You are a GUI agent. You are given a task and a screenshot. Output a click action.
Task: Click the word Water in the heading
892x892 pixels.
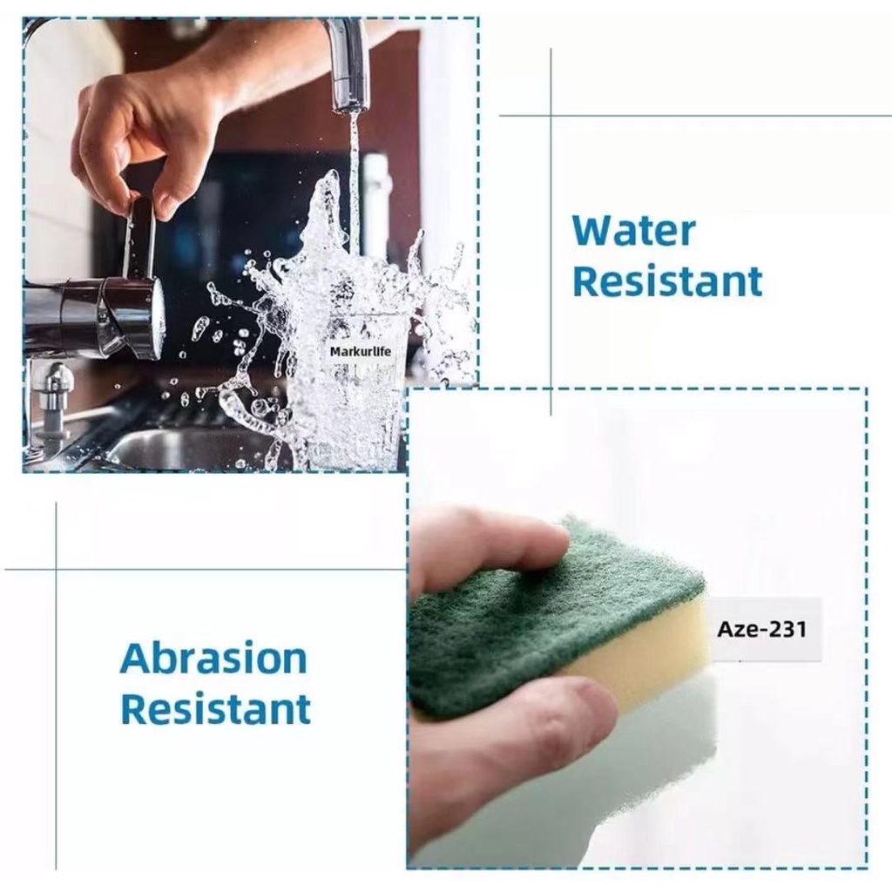click(x=634, y=230)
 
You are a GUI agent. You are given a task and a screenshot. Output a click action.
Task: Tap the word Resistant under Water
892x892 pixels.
click(x=667, y=281)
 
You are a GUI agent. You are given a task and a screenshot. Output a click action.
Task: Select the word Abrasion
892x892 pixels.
click(x=213, y=659)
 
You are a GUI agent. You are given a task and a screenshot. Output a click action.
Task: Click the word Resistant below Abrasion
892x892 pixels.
click(x=216, y=709)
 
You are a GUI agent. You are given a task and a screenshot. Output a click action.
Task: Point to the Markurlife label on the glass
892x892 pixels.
click(x=361, y=352)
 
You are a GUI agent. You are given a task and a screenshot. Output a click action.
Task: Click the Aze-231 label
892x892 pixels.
click(x=762, y=629)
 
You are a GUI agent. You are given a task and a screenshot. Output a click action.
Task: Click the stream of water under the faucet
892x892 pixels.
click(x=354, y=182)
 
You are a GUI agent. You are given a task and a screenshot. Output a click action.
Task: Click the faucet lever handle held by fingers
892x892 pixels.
click(x=140, y=239)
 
